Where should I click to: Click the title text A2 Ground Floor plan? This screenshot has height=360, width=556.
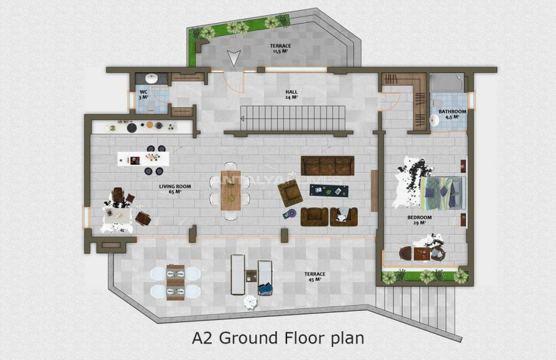(x=277, y=338)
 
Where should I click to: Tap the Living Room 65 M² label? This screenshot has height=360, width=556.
(x=175, y=190)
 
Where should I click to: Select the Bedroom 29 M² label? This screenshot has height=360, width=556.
(x=419, y=220)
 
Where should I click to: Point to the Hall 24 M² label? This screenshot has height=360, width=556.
(x=291, y=94)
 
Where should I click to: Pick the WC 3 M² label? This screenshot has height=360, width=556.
(x=143, y=94)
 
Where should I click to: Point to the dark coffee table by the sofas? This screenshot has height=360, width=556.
(x=329, y=190)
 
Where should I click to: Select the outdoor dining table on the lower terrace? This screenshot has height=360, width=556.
(x=175, y=282)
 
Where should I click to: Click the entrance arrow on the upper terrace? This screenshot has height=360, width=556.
(x=233, y=58)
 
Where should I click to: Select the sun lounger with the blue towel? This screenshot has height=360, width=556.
(x=265, y=277)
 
